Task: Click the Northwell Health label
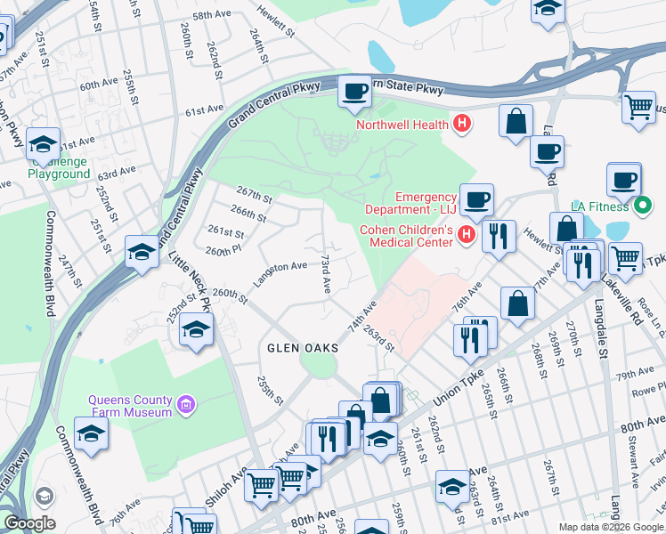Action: pos(403,125)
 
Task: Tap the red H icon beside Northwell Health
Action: pos(461,125)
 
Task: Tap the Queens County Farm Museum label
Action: pos(129,406)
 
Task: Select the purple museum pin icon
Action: pos(185,406)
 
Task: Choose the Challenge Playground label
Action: pos(59,167)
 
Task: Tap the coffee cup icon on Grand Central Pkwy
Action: pos(354,91)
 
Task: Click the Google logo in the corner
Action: pos(29,523)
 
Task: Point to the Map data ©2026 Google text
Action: pos(610,527)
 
